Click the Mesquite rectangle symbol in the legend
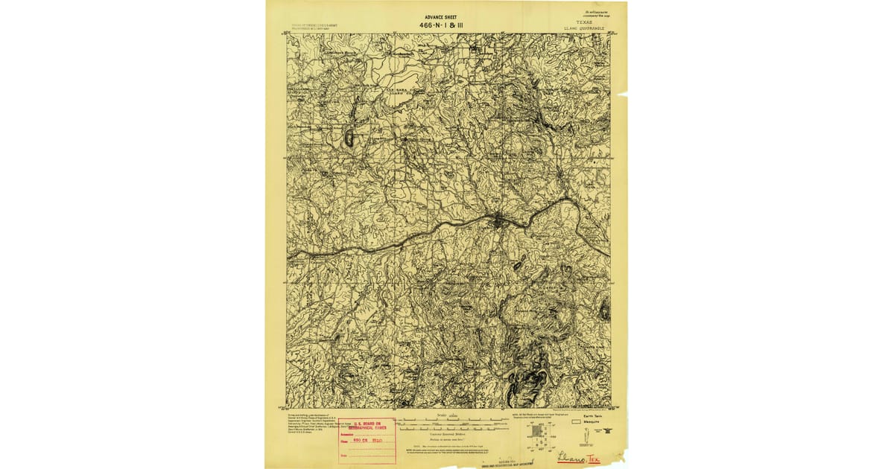[575, 422]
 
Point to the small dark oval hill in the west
[349, 137]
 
